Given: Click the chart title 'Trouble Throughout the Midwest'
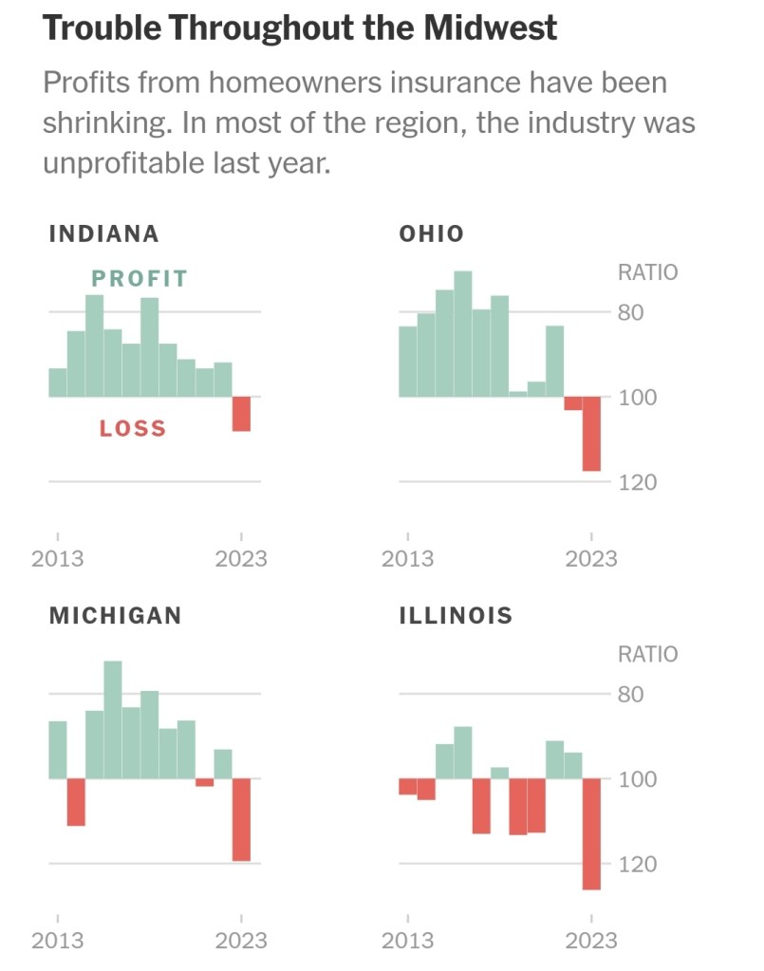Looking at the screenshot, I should (x=300, y=29).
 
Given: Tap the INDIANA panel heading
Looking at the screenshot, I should (x=103, y=234).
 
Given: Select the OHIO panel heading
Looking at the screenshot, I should (x=432, y=234).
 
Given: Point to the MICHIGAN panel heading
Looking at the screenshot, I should (x=115, y=615).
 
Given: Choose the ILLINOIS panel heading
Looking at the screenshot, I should (x=456, y=615).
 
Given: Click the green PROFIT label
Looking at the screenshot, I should (x=140, y=279).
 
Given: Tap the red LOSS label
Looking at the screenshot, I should (x=133, y=429).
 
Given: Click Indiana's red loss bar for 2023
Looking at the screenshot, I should (x=241, y=414).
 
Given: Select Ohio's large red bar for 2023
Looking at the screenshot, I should (x=591, y=433).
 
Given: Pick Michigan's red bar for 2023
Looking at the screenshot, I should (x=241, y=819).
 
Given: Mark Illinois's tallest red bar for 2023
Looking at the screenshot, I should (x=591, y=833).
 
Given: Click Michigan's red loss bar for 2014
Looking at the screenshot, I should (x=76, y=801).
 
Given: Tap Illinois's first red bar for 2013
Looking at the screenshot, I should (x=407, y=786).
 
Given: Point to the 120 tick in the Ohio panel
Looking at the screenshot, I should (x=638, y=483).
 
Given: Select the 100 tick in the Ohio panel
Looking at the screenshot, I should (x=638, y=398).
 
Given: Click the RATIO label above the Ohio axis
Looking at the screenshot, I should (x=647, y=273).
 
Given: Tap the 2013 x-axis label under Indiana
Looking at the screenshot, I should (x=58, y=558).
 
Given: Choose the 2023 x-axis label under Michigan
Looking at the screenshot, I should (x=241, y=941).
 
